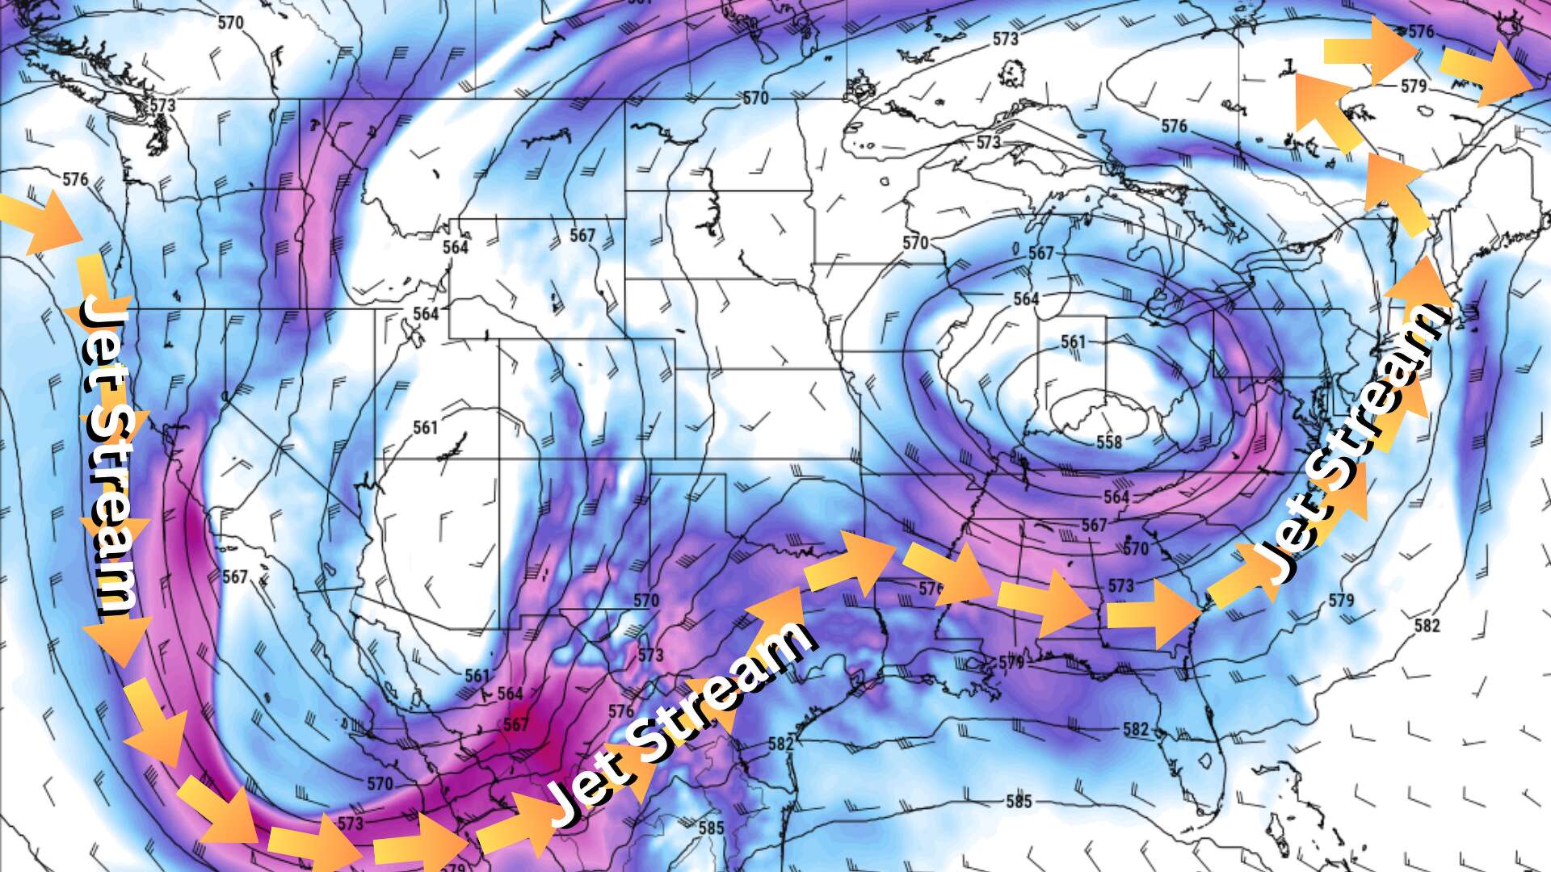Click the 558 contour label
click(1109, 442)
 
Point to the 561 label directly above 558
click(1074, 342)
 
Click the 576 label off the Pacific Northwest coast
click(74, 178)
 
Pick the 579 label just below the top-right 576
click(1414, 86)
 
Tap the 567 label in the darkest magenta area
click(515, 723)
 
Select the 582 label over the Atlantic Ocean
click(1427, 625)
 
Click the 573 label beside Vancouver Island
click(162, 106)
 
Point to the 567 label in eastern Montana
click(582, 235)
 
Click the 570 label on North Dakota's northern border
click(755, 99)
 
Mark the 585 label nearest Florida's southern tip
click(1019, 802)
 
